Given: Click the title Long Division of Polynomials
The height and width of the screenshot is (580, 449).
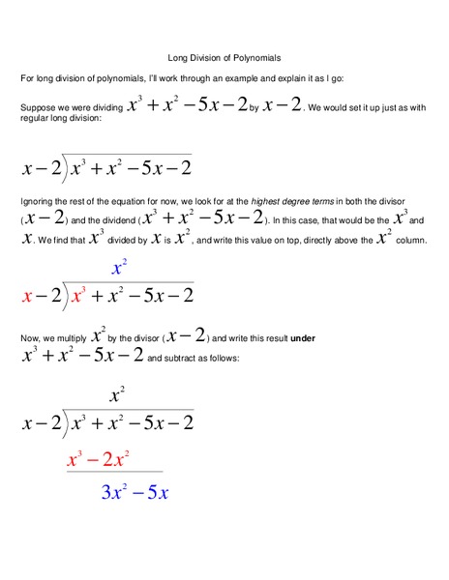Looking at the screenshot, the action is point(224,58).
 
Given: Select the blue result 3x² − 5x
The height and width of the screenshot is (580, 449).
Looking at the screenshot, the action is point(135,492).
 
